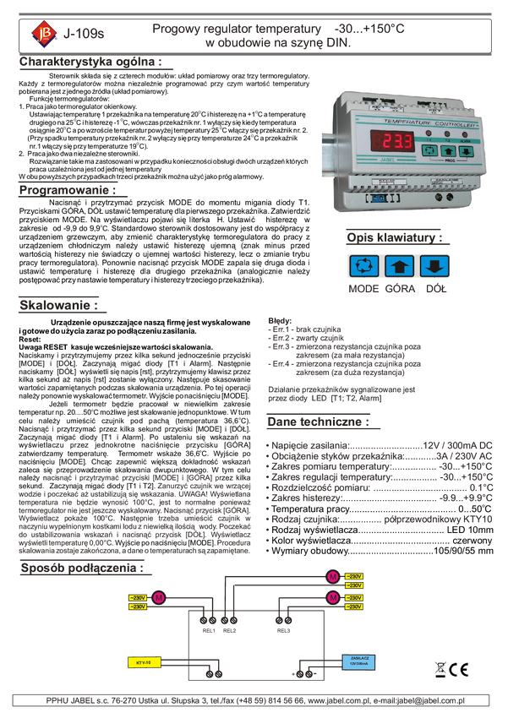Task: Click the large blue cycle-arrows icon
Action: click(367, 267)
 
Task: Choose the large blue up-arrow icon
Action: click(401, 267)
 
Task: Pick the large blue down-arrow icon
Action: click(434, 267)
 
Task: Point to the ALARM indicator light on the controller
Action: click(466, 133)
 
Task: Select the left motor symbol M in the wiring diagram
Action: click(157, 598)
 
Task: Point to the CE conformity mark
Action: click(460, 671)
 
